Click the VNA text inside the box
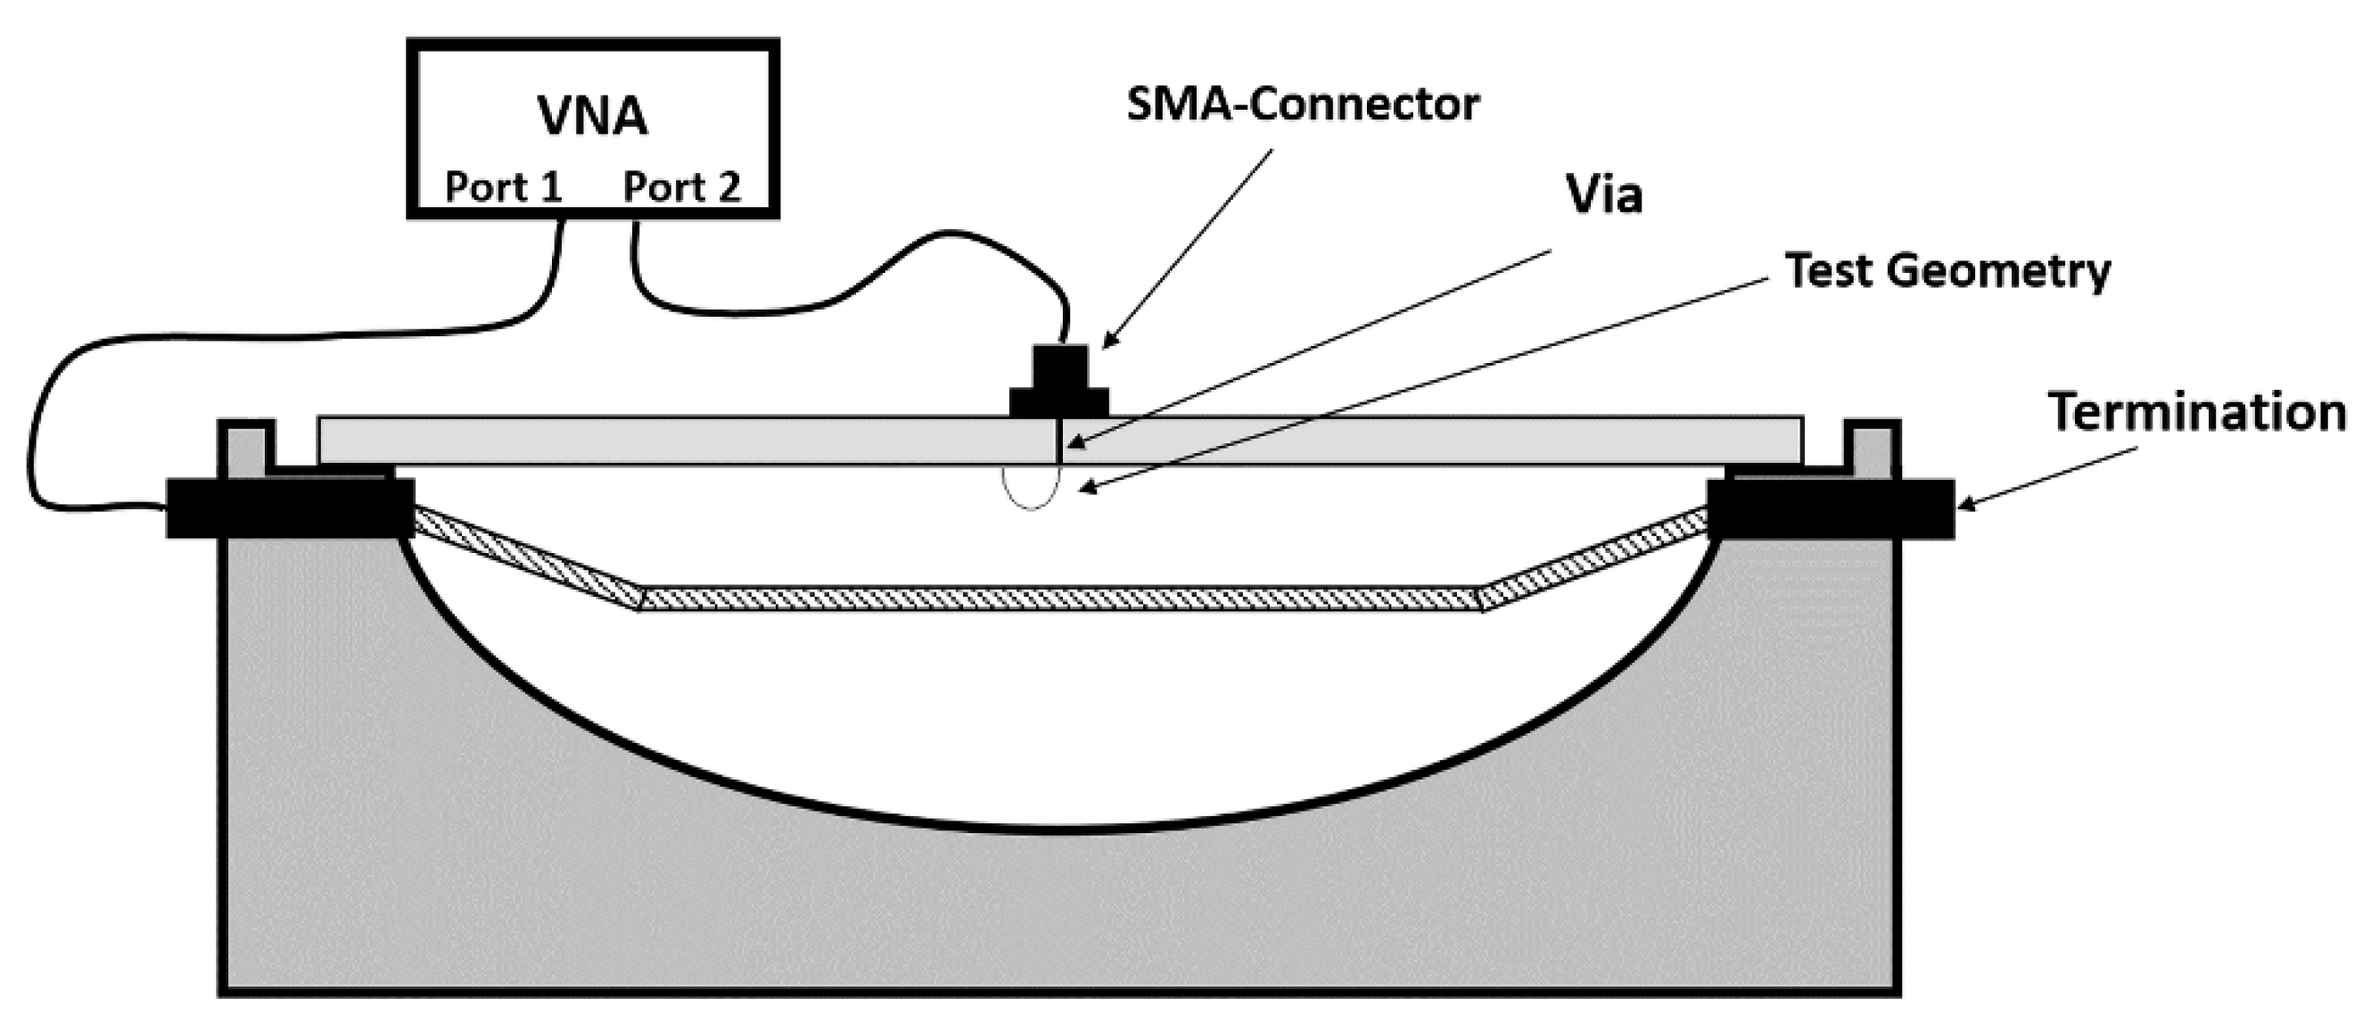(593, 117)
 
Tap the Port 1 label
(503, 187)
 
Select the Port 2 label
(681, 187)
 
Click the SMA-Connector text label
(1302, 105)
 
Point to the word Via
(1603, 194)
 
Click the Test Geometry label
(1947, 271)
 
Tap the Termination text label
(2196, 411)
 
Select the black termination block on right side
(1830, 508)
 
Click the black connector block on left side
(289, 508)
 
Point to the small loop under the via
(1031, 488)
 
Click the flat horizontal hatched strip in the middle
(1058, 599)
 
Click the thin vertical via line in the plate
(1060, 441)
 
